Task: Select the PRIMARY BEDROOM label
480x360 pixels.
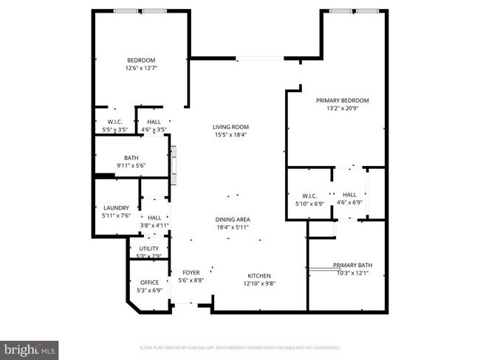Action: click(x=342, y=100)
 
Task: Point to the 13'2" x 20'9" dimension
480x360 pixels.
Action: click(x=342, y=108)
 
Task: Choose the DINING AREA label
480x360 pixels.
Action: click(x=232, y=219)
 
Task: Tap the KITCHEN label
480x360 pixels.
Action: click(x=259, y=274)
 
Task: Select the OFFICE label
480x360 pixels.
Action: click(x=149, y=282)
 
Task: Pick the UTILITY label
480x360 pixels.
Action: click(x=149, y=249)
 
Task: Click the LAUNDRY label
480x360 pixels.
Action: click(x=116, y=208)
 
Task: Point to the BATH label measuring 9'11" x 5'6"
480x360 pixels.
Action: click(x=131, y=157)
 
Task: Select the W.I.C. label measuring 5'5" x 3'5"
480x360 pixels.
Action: click(x=114, y=122)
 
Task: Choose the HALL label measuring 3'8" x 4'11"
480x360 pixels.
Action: click(x=154, y=218)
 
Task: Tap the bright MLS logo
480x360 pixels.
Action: click(x=29, y=347)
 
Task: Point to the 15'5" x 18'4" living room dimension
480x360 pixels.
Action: click(x=230, y=135)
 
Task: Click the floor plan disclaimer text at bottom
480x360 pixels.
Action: click(x=239, y=347)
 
